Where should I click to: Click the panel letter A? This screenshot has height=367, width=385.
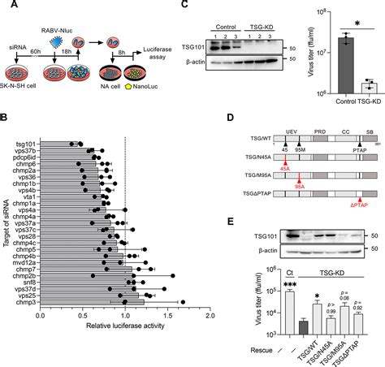coord(6,6)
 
